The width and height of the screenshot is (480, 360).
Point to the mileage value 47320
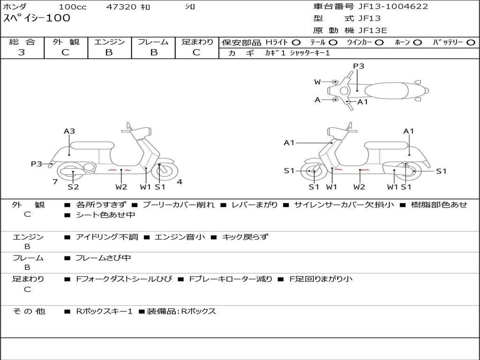coord(121,7)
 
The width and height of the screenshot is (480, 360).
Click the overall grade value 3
coord(22,52)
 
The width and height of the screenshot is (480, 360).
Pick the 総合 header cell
coord(22,42)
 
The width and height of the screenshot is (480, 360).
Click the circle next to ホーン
coord(418,42)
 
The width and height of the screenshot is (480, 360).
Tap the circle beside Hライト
coord(297,42)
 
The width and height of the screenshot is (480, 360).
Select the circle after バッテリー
coord(471,42)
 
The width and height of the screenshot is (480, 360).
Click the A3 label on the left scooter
coord(69,131)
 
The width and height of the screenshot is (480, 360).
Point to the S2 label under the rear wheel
coord(73,187)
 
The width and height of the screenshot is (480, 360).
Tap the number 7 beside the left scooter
coord(55,182)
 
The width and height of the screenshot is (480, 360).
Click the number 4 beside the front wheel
coord(180,182)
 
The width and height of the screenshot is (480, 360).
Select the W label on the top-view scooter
coord(317,82)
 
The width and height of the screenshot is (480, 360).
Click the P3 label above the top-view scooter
coord(359,66)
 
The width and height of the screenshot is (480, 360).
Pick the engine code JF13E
coord(373,30)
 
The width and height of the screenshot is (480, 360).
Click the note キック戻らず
coord(245,237)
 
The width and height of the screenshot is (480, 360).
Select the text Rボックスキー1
coord(105,311)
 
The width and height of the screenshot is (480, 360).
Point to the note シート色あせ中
coord(105,215)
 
